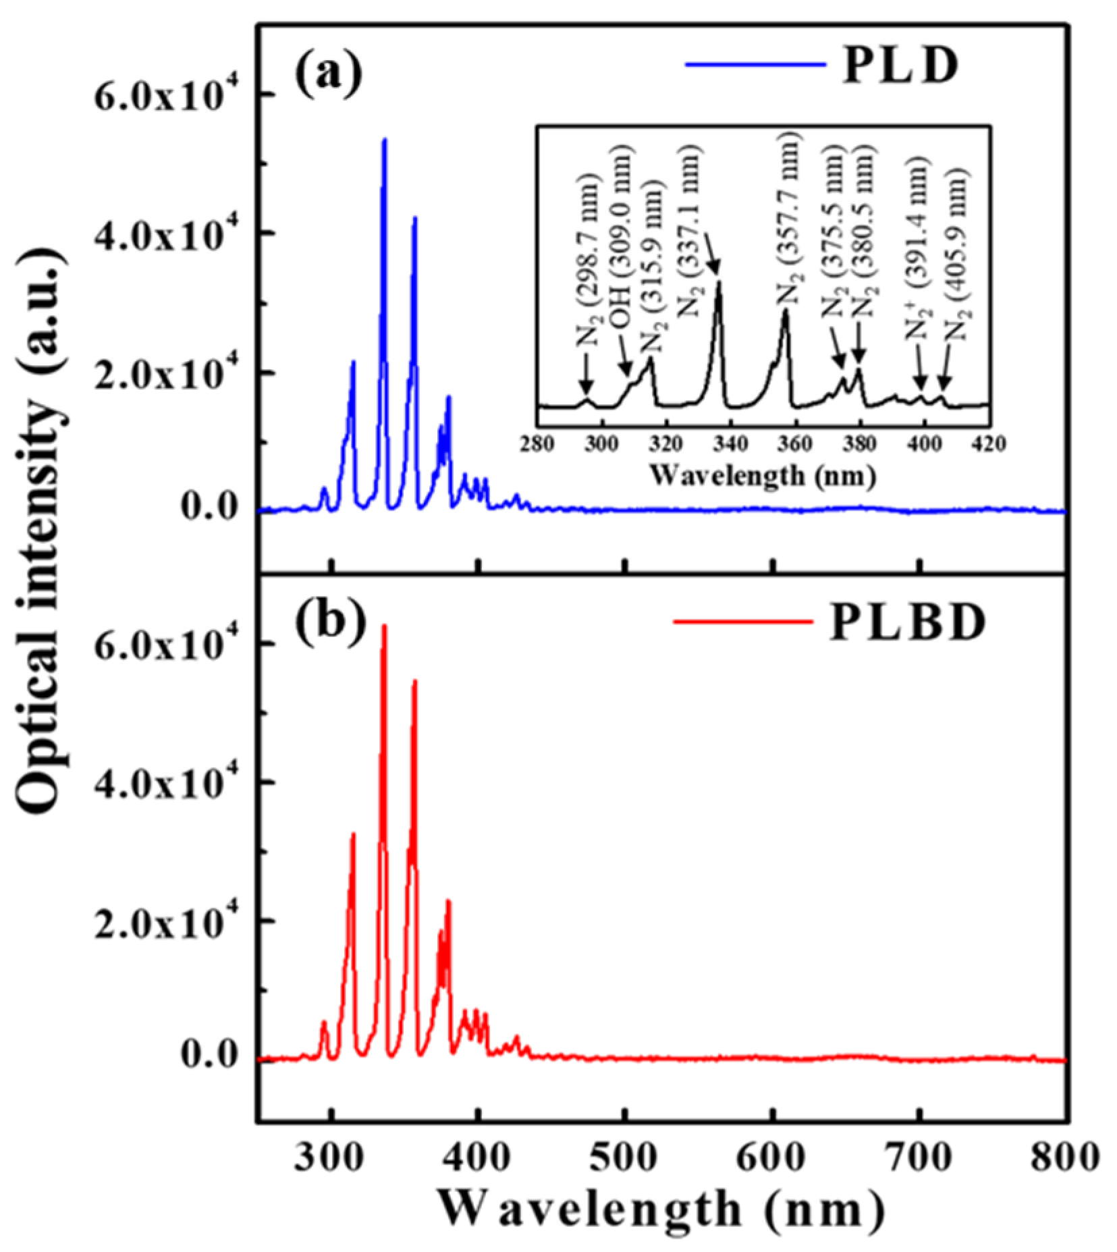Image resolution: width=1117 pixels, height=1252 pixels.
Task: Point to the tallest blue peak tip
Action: coord(385,140)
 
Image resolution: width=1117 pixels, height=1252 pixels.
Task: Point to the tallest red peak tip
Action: coord(385,626)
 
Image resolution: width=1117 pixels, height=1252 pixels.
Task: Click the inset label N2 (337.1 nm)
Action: coord(690,234)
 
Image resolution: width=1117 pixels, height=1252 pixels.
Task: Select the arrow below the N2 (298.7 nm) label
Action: coord(585,382)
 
